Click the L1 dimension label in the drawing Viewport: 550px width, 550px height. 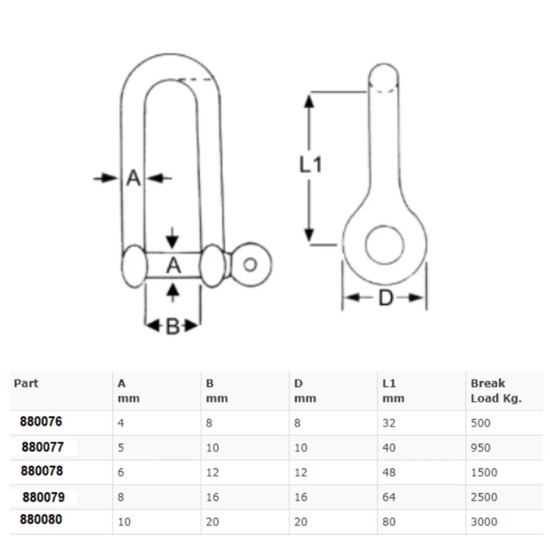(x=310, y=164)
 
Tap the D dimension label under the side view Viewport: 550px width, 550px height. (x=386, y=299)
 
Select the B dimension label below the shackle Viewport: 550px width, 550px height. (x=172, y=327)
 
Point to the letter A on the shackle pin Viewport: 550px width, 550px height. (x=173, y=266)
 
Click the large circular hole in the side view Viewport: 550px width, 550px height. (x=384, y=243)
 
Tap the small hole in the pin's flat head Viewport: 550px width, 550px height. (x=250, y=265)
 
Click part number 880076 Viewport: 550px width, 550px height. (x=41, y=422)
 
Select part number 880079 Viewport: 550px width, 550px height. (x=43, y=497)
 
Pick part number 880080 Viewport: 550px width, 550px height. (x=41, y=520)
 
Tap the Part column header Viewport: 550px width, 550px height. (x=26, y=383)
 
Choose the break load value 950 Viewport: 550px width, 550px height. (x=481, y=448)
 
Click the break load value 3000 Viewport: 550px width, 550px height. (x=484, y=522)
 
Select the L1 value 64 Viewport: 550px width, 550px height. (x=389, y=497)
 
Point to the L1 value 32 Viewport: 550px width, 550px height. (x=389, y=423)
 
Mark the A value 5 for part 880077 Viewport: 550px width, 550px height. (x=121, y=448)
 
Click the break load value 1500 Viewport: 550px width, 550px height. (x=484, y=472)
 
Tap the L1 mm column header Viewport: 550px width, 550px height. (x=393, y=391)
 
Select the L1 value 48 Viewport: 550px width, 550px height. (x=389, y=472)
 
